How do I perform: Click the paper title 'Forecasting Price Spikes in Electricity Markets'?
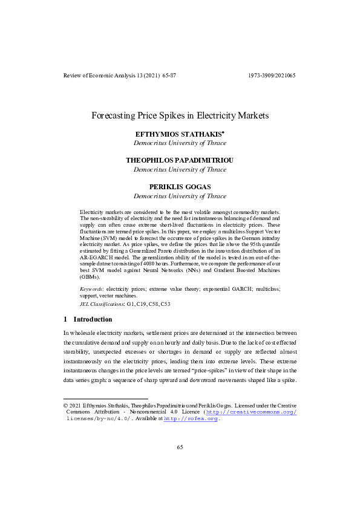point(180,114)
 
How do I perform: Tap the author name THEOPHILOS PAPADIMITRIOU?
point(179,160)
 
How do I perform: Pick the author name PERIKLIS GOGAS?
point(179,187)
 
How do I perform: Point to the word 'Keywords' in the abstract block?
point(91,290)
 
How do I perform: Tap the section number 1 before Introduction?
point(65,319)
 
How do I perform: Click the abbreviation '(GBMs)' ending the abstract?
point(90,276)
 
